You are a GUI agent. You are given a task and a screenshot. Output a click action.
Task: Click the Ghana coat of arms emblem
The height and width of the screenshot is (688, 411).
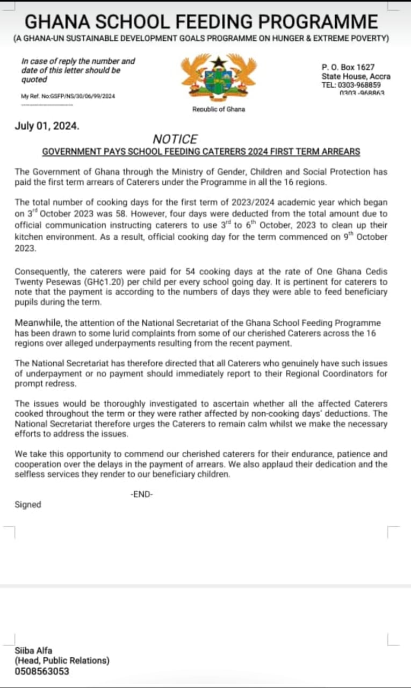(x=218, y=78)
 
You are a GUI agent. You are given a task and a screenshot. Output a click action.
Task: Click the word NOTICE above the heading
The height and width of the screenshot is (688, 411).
(x=175, y=139)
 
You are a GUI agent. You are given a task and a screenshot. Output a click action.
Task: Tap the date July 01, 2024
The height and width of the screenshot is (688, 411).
(x=47, y=127)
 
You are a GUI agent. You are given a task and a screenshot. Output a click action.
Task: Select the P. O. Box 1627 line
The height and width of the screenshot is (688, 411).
(x=348, y=67)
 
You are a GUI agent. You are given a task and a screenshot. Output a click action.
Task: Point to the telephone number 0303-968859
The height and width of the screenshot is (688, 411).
(x=359, y=85)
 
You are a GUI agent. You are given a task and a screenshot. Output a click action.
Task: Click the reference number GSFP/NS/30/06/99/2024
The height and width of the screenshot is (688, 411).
(x=81, y=96)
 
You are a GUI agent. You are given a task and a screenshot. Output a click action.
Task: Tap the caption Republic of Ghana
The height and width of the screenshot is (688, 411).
(x=218, y=109)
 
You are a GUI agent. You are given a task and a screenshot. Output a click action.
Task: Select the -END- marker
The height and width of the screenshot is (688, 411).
(x=142, y=494)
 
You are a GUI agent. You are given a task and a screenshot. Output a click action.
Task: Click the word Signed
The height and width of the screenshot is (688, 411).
(x=27, y=504)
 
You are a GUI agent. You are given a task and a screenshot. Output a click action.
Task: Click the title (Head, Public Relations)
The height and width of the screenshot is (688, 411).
(x=62, y=661)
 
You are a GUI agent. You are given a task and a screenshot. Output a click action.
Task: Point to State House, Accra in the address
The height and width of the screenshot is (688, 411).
(x=356, y=76)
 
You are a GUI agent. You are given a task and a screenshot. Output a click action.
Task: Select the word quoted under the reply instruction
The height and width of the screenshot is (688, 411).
(x=34, y=80)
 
